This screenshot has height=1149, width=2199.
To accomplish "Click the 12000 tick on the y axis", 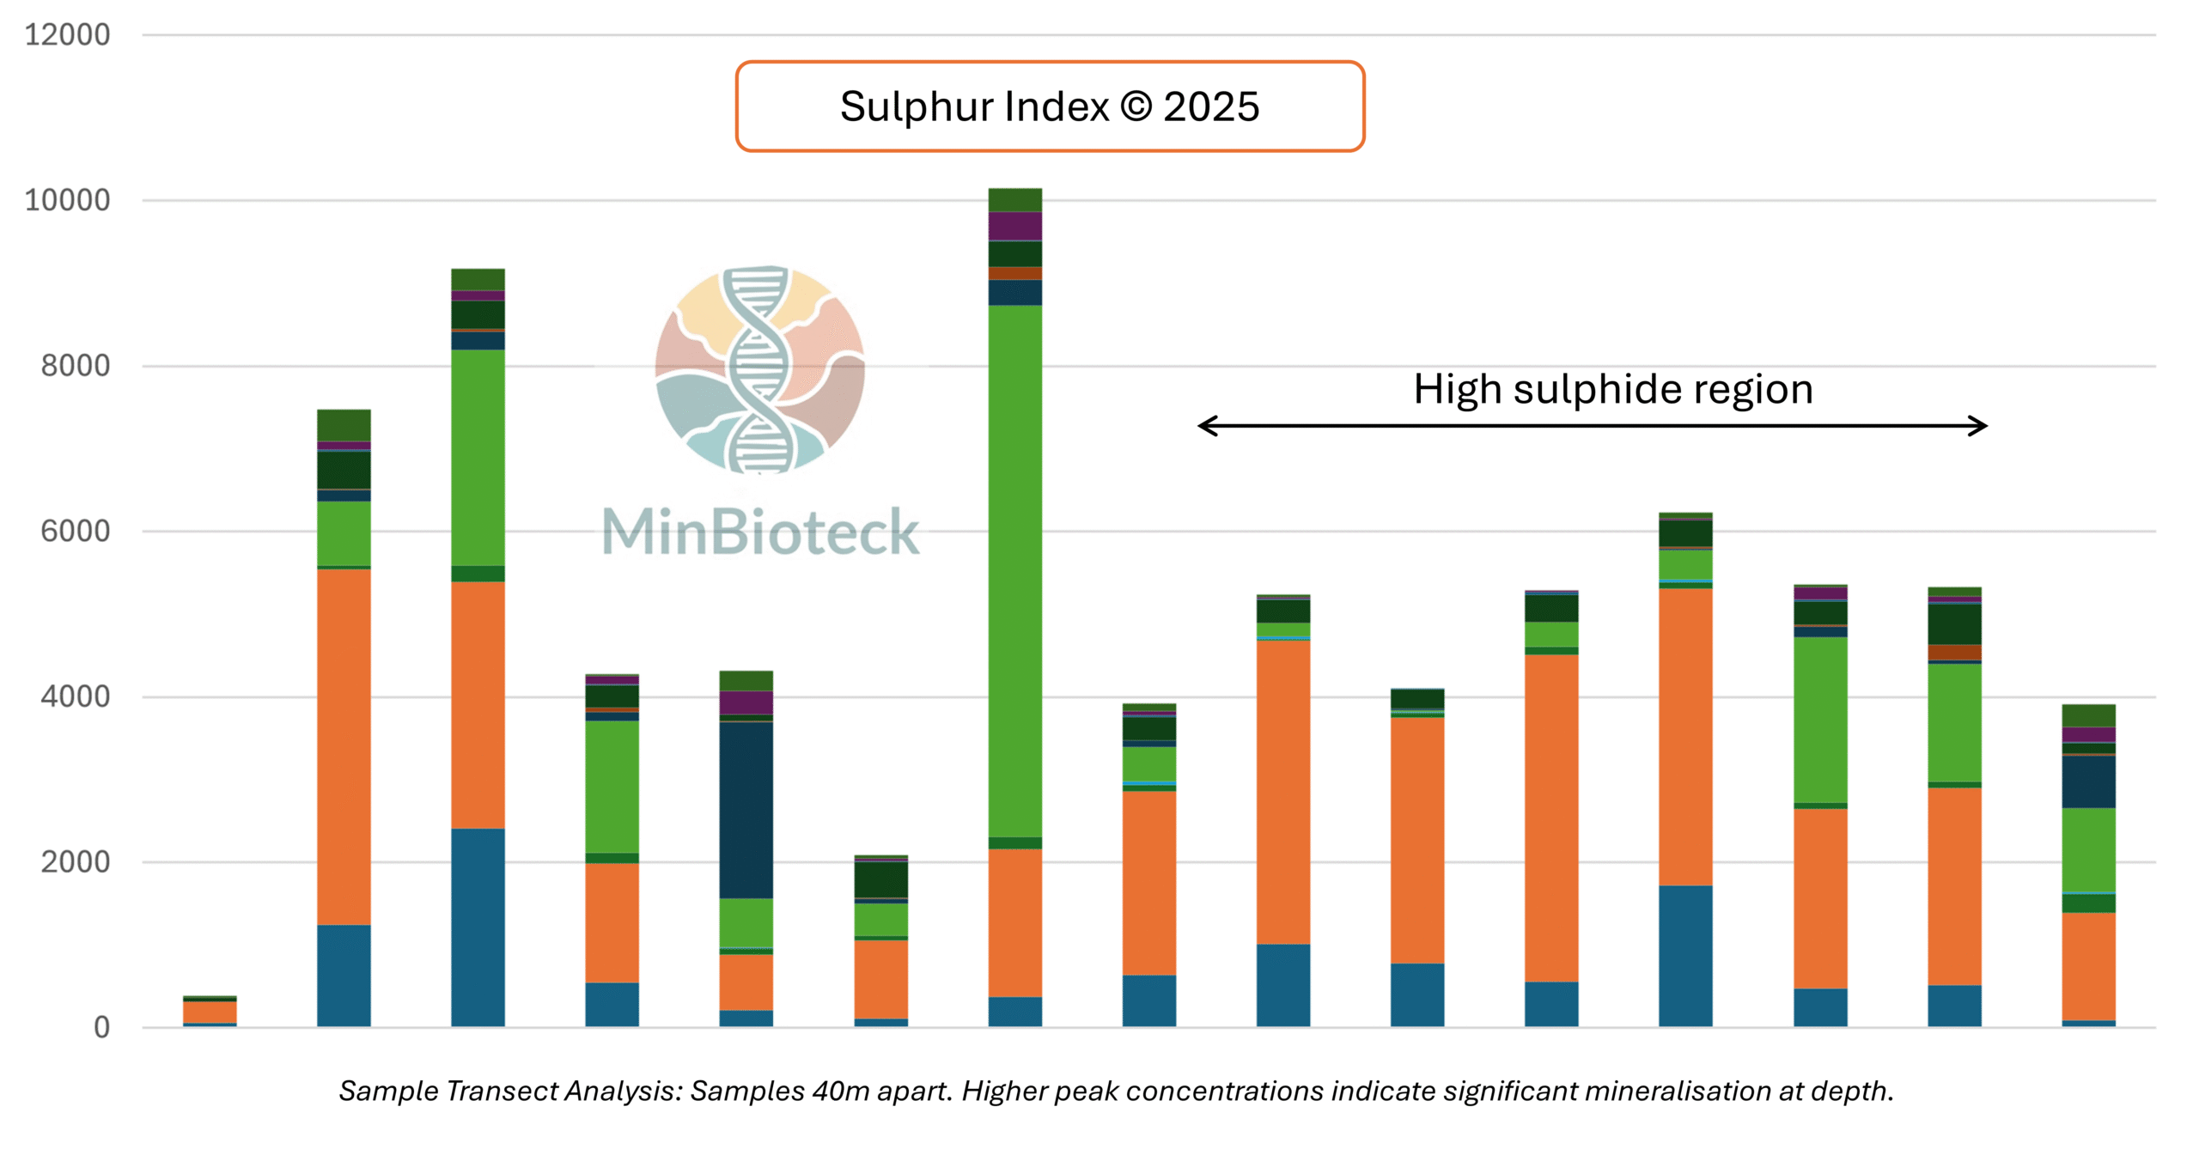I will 67,35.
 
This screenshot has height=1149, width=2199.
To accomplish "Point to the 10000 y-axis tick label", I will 67,200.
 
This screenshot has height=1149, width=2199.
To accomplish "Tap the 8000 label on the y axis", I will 76,366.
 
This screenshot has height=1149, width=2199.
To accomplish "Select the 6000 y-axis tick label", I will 76,531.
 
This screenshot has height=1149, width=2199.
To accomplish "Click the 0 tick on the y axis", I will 101,1027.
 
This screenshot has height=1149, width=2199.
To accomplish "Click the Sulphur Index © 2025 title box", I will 1050,106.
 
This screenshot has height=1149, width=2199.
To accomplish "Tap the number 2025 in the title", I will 1211,106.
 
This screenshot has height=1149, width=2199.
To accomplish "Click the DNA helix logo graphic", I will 759,369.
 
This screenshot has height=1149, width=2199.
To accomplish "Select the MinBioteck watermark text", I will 760,532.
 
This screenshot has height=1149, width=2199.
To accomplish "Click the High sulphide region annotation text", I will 1613,389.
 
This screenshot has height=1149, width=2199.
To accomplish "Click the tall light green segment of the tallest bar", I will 1015,571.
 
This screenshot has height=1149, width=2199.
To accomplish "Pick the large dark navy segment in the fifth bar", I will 746,810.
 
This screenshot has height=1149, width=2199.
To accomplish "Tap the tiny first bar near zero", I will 210,1012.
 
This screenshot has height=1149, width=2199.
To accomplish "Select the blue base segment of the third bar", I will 478,927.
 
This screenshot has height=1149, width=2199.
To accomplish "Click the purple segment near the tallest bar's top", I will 1015,226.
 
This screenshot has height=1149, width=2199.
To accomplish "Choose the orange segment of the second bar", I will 344,747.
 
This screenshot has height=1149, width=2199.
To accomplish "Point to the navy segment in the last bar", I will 2088,781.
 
